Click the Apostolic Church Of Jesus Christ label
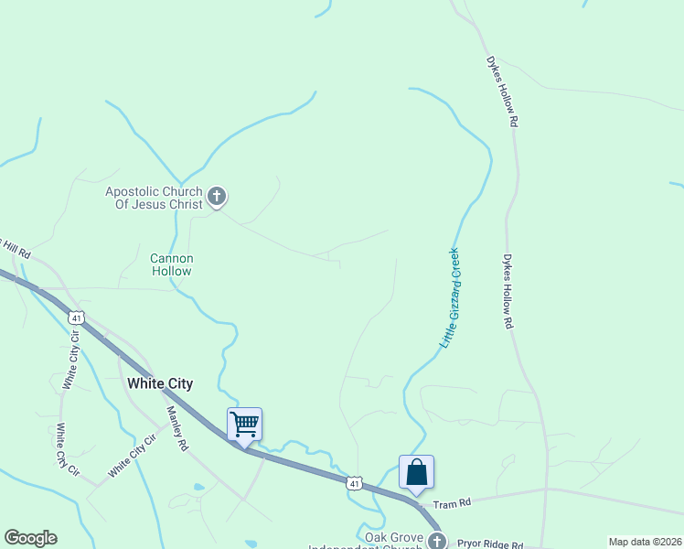coord(154,198)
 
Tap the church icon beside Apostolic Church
coord(217,195)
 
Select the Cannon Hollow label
coord(172,265)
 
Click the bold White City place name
coord(160,383)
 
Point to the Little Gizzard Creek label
coord(450,297)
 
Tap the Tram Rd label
coord(452,503)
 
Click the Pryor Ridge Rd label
coord(490,544)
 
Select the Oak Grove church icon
coord(436,541)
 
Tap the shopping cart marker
coord(244,424)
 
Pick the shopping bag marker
coord(416,472)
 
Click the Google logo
coord(30,538)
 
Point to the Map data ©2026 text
coord(645,542)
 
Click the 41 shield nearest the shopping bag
coord(356,482)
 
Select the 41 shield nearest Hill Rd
coord(77,318)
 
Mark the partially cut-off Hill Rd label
coord(16,250)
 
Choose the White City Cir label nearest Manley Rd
coord(133,456)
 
